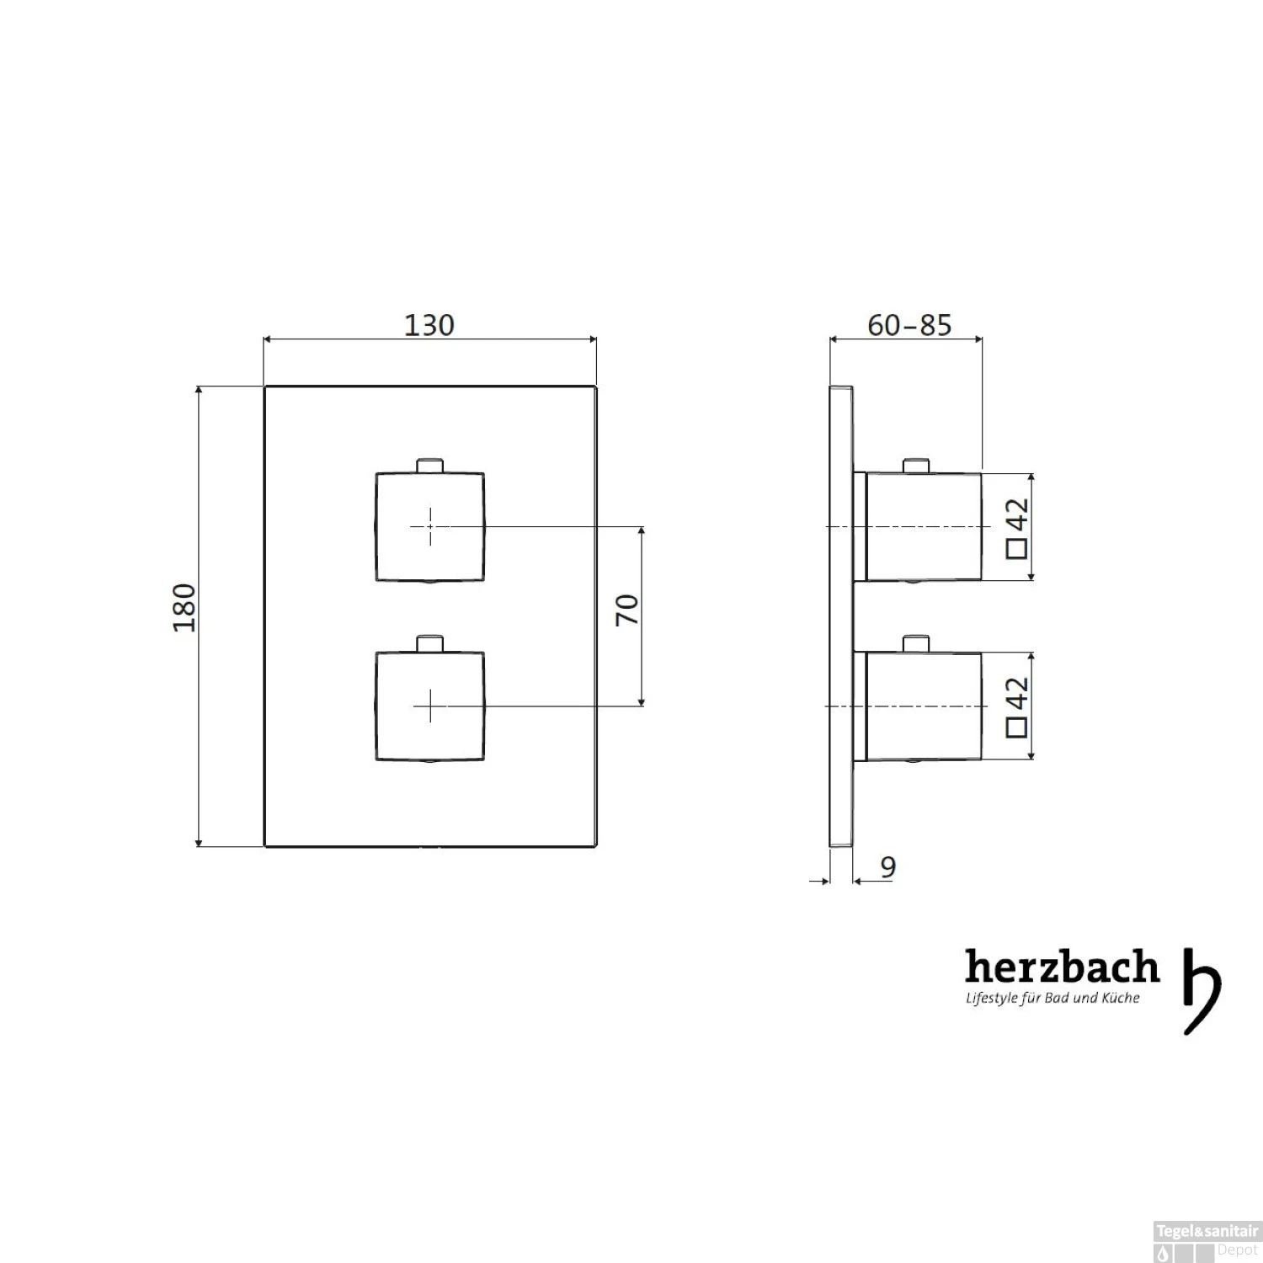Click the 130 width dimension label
coord(429,325)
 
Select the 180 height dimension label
coord(184,607)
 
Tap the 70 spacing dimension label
coord(627,610)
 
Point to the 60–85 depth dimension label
coord(909,325)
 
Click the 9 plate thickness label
coord(887,866)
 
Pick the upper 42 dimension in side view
coord(1017,515)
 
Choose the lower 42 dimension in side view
coord(1017,695)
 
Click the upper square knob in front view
coord(429,527)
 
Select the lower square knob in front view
coord(429,706)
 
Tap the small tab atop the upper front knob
coord(430,466)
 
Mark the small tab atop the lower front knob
coord(430,644)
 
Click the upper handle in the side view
coord(924,527)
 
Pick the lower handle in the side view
coord(924,706)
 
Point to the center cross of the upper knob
coord(430,526)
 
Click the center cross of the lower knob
coord(430,706)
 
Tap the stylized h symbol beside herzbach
coord(1202,990)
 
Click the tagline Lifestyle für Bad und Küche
coord(1052,999)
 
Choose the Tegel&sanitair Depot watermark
coord(1207,1241)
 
